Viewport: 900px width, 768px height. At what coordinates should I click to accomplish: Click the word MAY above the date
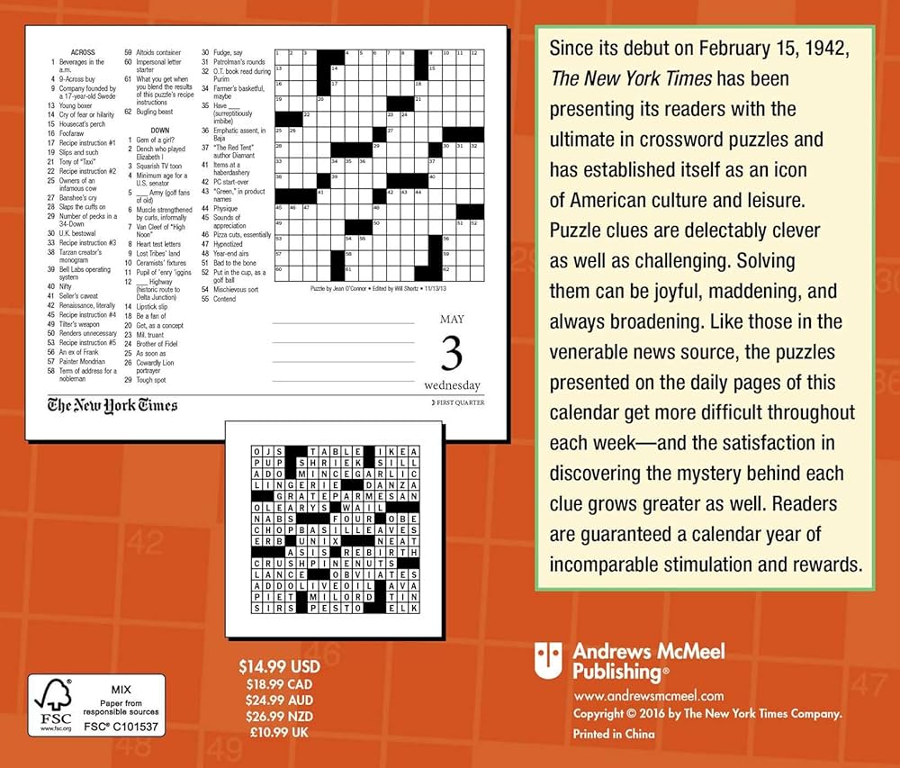pos(452,319)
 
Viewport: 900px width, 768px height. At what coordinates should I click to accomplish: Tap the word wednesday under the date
pos(452,385)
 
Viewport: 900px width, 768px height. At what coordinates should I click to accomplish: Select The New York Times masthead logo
pos(112,405)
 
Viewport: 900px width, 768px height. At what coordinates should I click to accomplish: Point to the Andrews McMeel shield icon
pos(548,660)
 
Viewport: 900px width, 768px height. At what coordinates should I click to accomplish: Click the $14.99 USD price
pos(279,668)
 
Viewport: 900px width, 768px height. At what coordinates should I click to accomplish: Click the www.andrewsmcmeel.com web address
pos(649,695)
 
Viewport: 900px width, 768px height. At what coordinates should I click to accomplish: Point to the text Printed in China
pos(615,733)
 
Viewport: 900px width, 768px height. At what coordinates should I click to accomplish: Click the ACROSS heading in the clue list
pos(82,53)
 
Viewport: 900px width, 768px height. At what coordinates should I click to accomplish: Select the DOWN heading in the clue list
pos(160,130)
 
